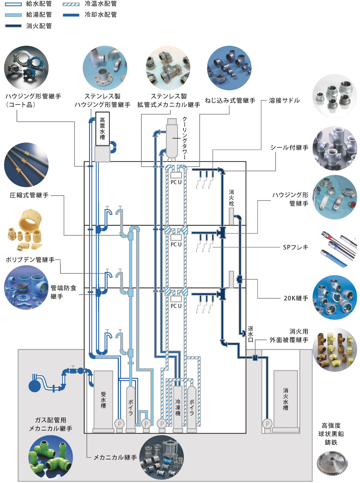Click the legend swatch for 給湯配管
13,15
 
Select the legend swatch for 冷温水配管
71,4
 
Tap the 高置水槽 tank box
102,129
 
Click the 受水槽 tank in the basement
103,400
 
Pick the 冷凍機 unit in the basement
178,407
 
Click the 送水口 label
251,334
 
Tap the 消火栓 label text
231,198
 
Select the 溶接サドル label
284,101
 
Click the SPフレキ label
296,247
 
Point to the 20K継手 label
296,298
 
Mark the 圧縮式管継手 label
29,195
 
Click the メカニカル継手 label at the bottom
115,457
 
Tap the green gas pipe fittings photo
51,457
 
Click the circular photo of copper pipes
26,165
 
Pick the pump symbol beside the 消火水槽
268,424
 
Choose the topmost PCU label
176,182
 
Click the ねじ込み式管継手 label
230,101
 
